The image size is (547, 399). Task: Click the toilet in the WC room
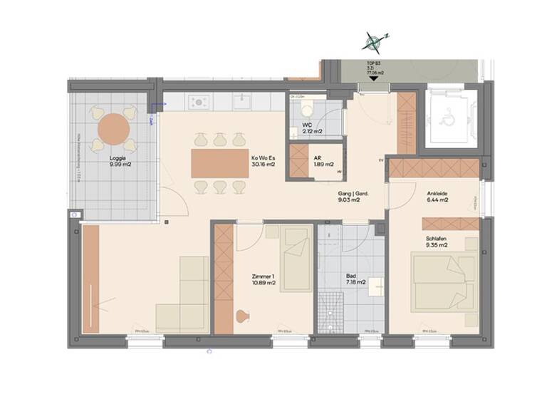(307, 108)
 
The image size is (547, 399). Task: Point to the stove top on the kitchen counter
(200, 103)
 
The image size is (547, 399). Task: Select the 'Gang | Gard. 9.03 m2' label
(348, 197)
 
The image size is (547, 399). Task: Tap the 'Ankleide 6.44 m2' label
(437, 197)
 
